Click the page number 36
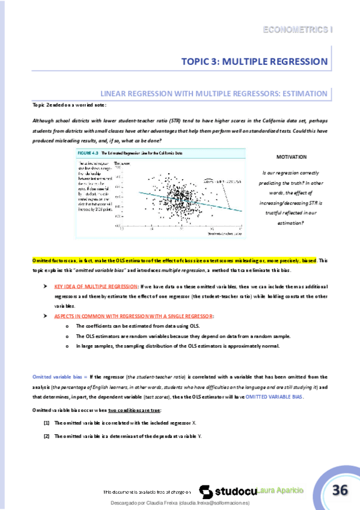[x=340, y=490]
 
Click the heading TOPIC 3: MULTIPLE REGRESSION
[x=255, y=61]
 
